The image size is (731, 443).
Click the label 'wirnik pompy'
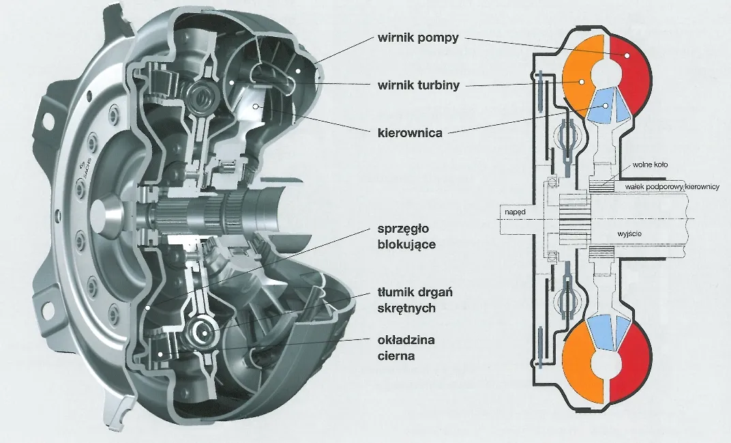tap(417, 37)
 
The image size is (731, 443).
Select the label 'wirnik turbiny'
tap(418, 85)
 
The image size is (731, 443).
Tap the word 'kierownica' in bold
tap(410, 132)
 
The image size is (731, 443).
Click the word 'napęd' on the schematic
tap(516, 213)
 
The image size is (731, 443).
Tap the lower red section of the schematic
tap(631, 362)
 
